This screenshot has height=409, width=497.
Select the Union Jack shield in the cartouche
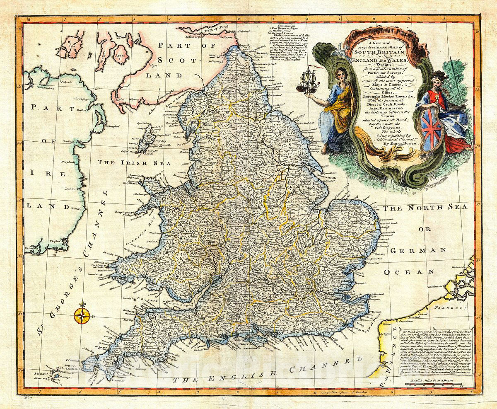point(432,130)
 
